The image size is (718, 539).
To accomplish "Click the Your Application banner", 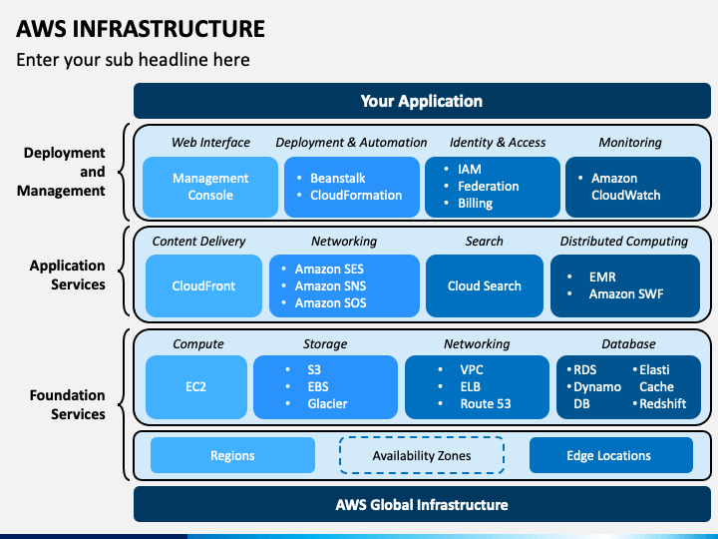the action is click(422, 101).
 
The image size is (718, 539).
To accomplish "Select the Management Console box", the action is click(210, 187).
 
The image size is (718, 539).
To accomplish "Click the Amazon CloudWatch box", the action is click(633, 187).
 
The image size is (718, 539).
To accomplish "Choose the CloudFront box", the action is click(203, 286).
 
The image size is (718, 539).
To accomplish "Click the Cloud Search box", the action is click(485, 286).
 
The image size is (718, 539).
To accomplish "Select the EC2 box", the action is click(196, 387).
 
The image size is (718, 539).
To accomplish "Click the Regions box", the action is click(232, 455).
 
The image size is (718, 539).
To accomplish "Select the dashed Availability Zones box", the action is click(422, 455).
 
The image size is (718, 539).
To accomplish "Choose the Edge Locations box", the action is click(611, 455).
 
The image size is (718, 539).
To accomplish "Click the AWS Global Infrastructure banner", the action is click(422, 504).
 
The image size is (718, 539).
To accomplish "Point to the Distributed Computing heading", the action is click(624, 242).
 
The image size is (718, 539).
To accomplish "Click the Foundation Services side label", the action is click(68, 404).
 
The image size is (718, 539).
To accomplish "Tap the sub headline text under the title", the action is click(133, 60).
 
